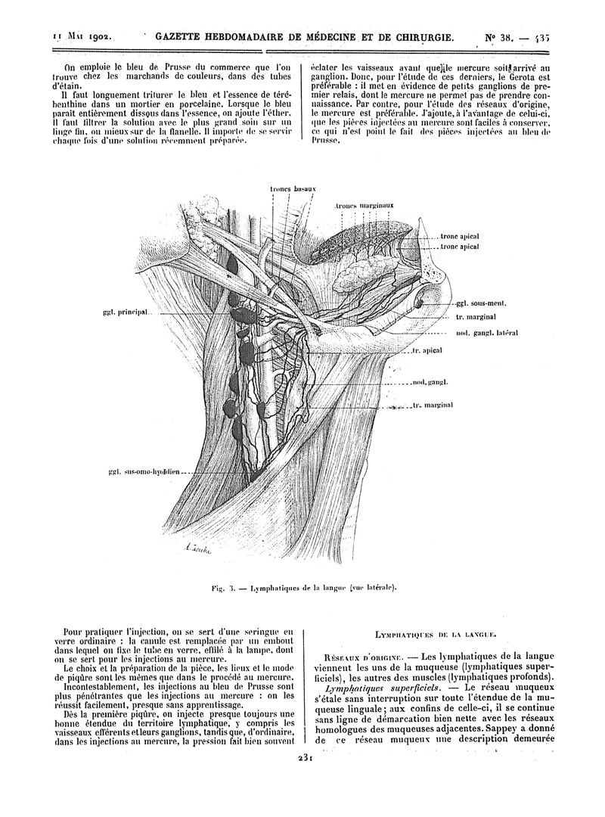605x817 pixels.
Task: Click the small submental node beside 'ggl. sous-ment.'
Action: coord(421,303)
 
